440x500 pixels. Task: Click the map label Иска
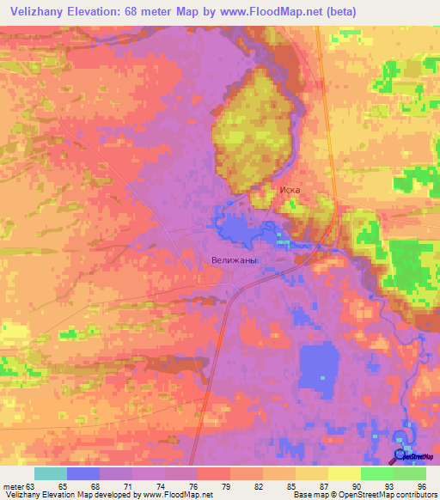pos(287,191)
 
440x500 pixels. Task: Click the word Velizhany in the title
pos(35,11)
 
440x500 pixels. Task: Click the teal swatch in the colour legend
pos(51,473)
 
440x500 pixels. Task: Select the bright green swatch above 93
pos(377,473)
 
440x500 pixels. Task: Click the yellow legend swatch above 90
pos(345,473)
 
